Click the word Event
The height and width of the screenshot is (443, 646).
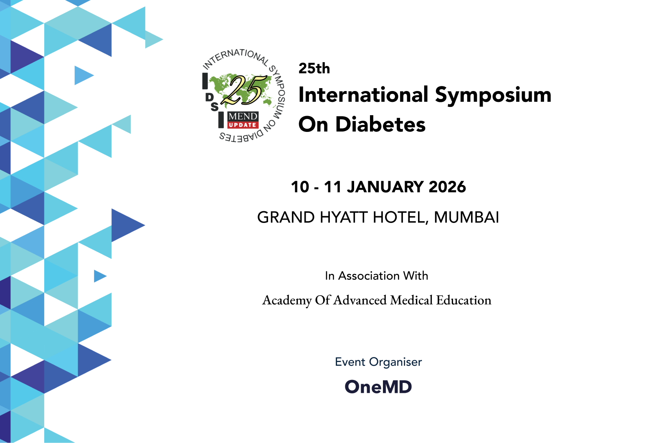(350, 362)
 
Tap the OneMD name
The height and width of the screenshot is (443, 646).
(378, 387)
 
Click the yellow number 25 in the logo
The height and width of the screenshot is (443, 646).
(244, 89)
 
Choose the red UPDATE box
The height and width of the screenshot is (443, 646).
(243, 125)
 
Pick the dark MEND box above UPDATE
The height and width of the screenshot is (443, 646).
(243, 116)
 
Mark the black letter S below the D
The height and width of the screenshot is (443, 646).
(214, 107)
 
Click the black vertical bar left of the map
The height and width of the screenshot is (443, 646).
(205, 81)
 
